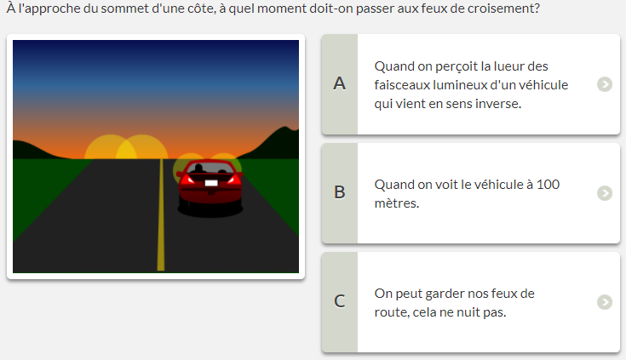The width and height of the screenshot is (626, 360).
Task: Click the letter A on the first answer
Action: tap(339, 83)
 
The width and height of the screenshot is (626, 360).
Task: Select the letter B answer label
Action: tap(339, 192)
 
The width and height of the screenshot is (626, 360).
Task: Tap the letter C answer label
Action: tap(339, 301)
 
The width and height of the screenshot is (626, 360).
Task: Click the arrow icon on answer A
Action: tap(605, 84)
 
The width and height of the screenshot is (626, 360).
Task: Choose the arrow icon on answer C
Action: tap(605, 302)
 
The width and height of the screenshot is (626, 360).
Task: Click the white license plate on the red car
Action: tap(211, 183)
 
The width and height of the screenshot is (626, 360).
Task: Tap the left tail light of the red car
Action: tap(187, 180)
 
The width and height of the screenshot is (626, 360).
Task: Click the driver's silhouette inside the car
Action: tap(198, 168)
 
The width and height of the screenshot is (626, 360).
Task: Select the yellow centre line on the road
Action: tap(161, 214)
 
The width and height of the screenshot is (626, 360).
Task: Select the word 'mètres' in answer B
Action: tap(396, 203)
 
